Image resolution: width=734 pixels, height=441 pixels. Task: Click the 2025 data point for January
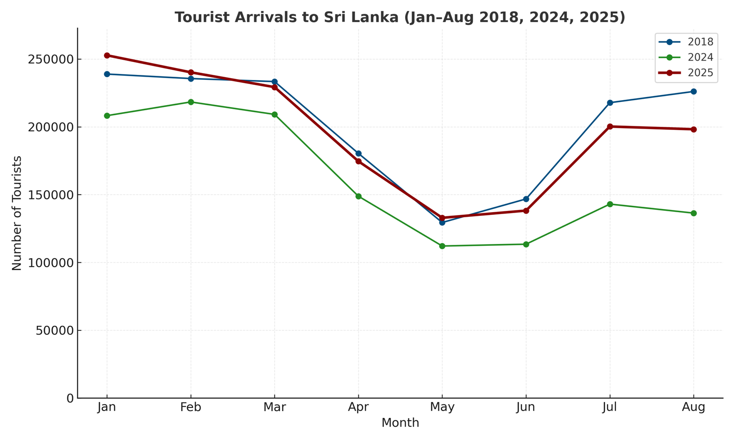[x=107, y=56]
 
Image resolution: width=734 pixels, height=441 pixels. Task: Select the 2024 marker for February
[x=191, y=102]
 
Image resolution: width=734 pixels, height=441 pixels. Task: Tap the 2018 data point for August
[x=694, y=91]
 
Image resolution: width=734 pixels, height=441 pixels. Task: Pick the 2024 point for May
[x=442, y=246]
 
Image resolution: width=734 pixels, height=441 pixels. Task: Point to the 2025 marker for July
[x=610, y=126]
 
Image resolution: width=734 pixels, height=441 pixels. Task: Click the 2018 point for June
[x=526, y=199]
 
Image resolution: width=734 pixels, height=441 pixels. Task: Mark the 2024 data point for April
[x=358, y=196]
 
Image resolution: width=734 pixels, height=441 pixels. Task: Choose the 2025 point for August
[x=694, y=130]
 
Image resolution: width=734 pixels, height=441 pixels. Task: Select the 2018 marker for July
[x=610, y=103]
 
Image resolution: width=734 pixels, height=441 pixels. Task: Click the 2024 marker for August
[x=694, y=213]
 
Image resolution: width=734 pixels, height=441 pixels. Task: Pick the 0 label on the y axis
[x=70, y=398]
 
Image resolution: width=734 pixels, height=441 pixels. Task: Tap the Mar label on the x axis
[x=274, y=407]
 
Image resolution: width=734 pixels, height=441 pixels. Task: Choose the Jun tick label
[x=526, y=407]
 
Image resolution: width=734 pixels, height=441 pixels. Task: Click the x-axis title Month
[x=400, y=423]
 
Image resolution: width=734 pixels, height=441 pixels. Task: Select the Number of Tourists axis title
[x=17, y=213]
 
